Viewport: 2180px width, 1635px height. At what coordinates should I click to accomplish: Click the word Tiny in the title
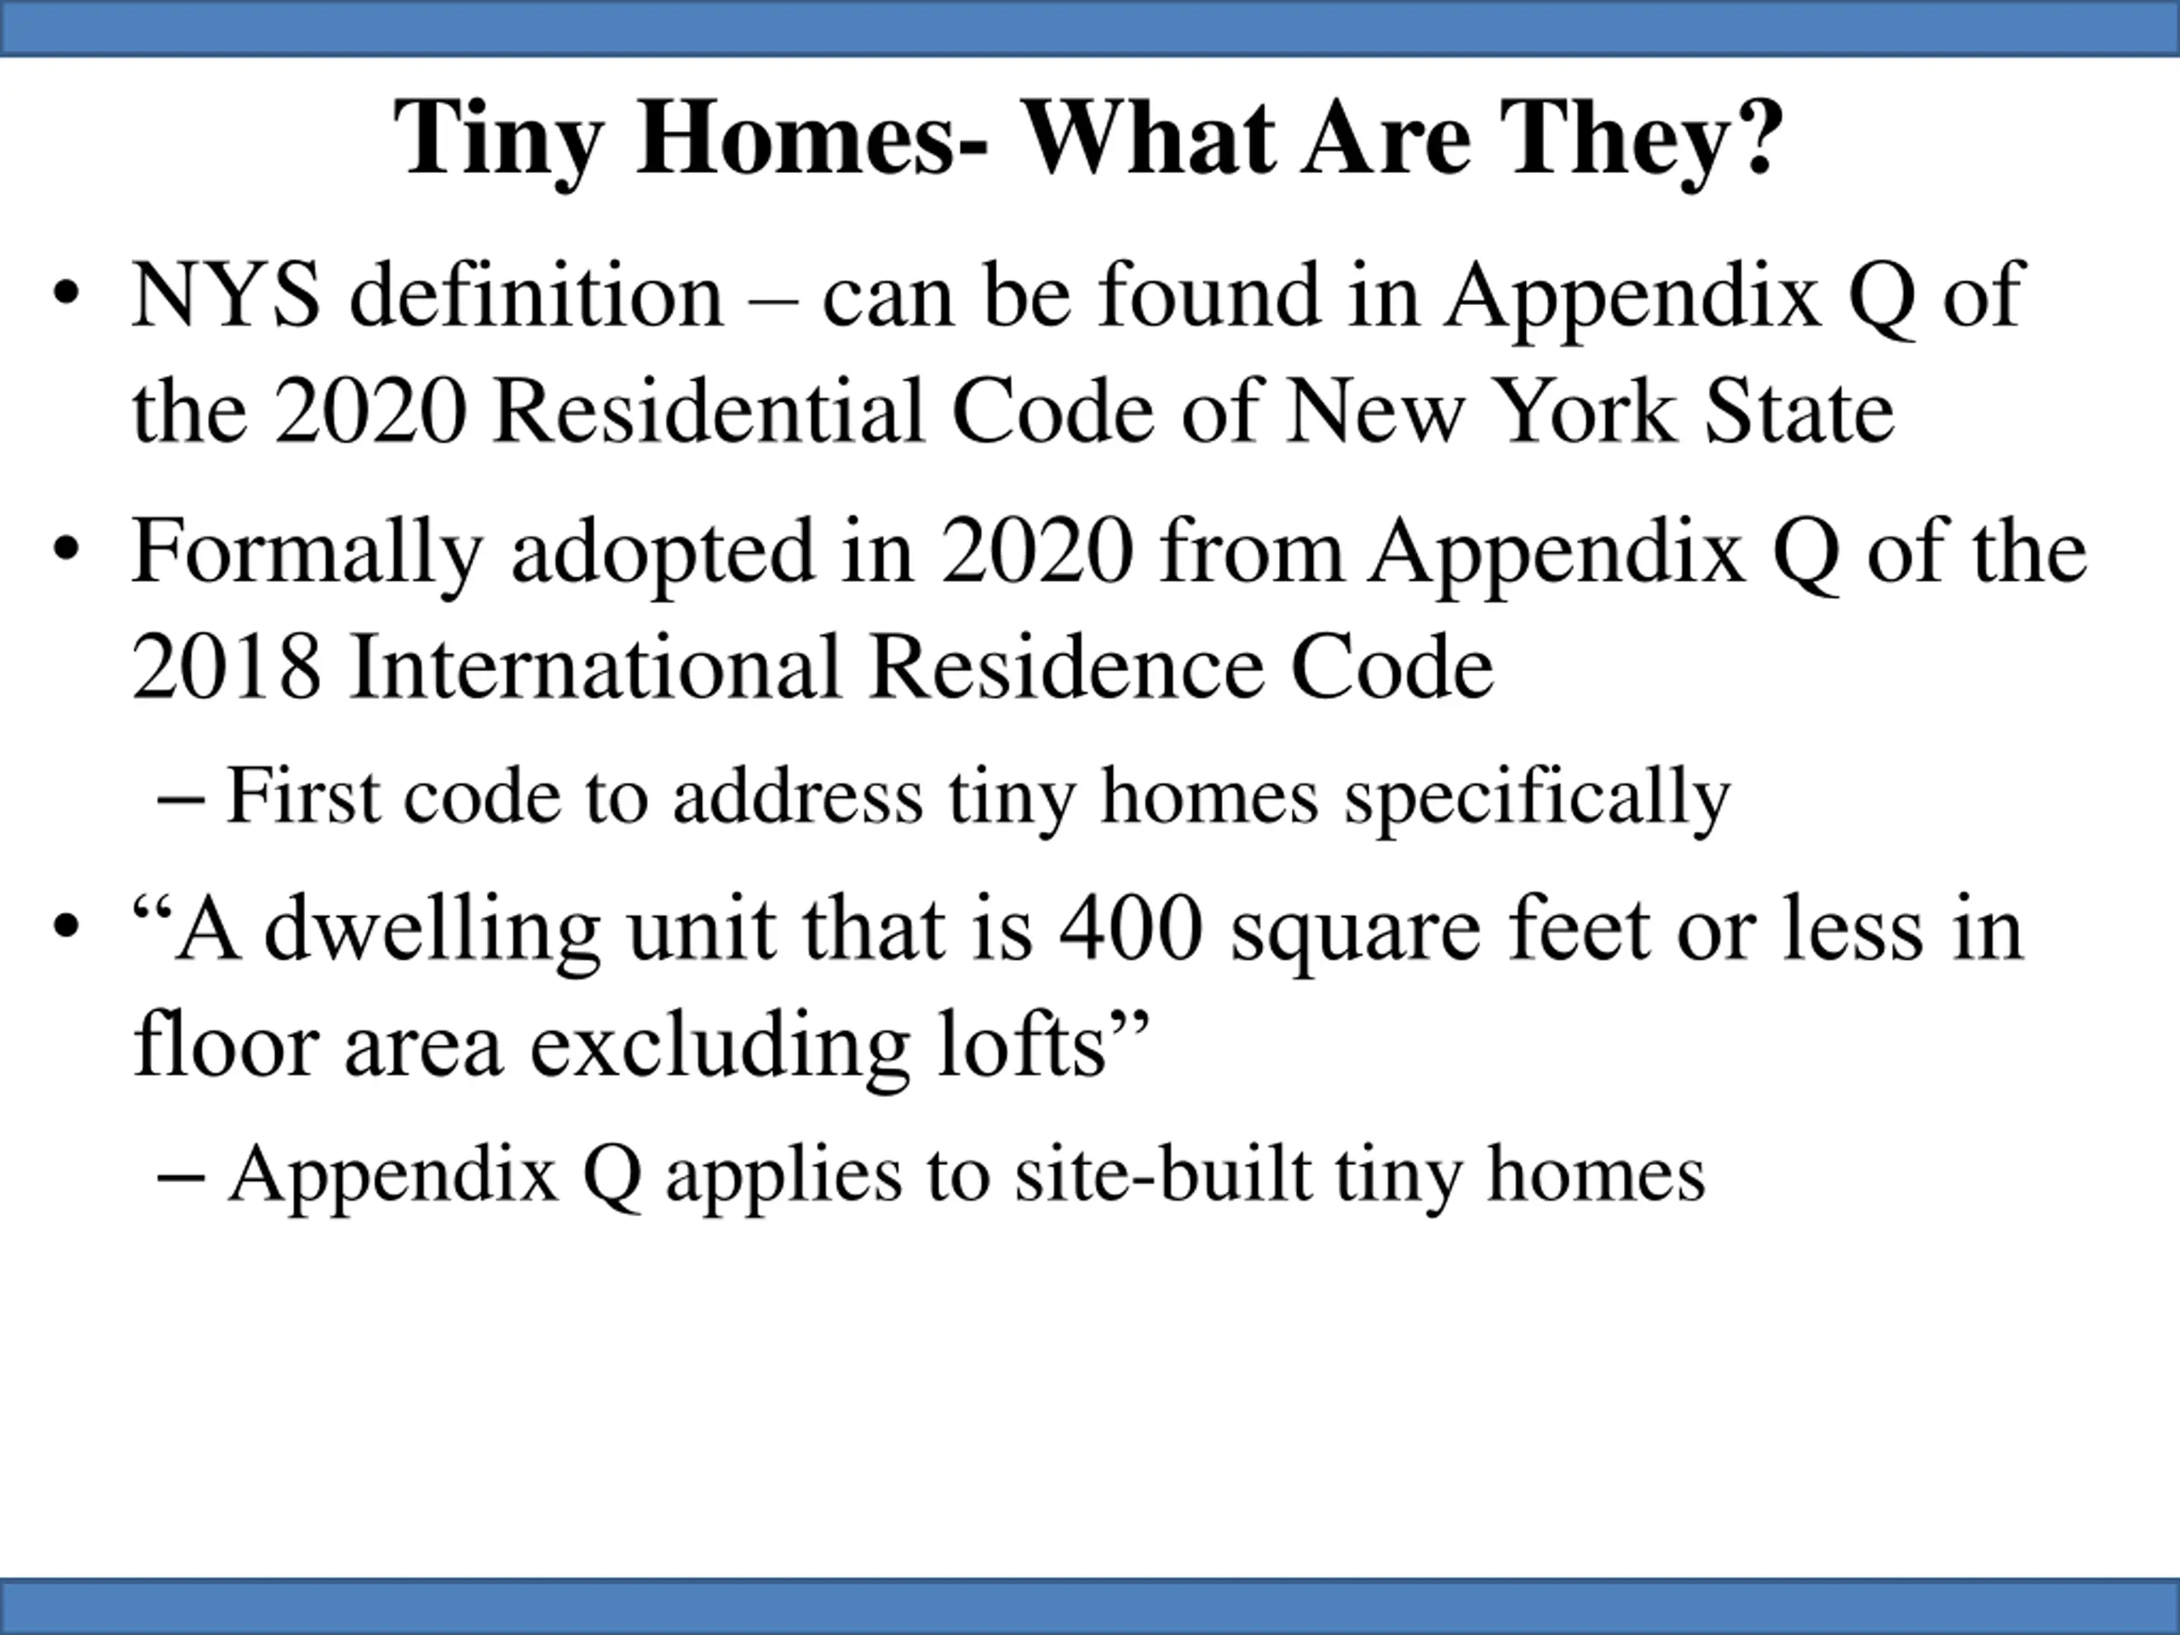pyautogui.click(x=497, y=141)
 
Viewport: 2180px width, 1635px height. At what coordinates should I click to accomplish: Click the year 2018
pyautogui.click(x=226, y=668)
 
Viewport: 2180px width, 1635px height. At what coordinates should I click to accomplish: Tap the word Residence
pyautogui.click(x=1066, y=668)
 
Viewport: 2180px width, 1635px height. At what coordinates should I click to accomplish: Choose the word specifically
pyautogui.click(x=1537, y=797)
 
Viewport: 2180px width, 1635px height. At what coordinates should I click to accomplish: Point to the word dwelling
pyautogui.click(x=433, y=932)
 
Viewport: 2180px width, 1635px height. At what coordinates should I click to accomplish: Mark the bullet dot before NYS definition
pyautogui.click(x=66, y=296)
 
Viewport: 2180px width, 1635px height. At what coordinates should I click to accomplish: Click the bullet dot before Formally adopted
pyautogui.click(x=66, y=553)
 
